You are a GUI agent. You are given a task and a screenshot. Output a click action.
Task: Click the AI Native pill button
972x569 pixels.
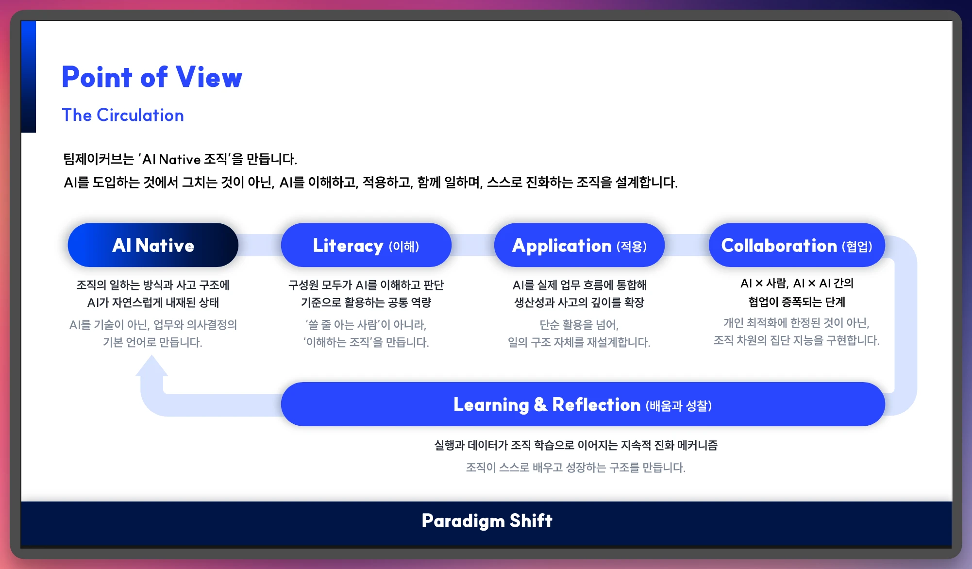click(x=153, y=245)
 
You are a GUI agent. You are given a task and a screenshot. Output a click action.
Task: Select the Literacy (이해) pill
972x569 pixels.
click(x=366, y=245)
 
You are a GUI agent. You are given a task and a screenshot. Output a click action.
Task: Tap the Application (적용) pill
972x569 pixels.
click(x=579, y=245)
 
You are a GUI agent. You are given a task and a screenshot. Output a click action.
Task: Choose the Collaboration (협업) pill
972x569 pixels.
click(x=797, y=245)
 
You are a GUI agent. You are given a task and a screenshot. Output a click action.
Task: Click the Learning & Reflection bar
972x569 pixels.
click(x=583, y=404)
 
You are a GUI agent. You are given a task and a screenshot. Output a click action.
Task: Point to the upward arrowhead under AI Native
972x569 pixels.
click(x=151, y=366)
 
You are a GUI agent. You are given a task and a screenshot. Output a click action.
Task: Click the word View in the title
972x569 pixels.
click(x=209, y=77)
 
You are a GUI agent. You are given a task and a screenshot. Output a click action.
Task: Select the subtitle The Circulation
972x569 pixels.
click(x=123, y=115)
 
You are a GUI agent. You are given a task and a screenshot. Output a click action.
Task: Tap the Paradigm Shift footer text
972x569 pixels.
click(x=487, y=521)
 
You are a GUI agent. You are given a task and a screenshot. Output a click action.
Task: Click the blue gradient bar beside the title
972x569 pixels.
click(x=29, y=77)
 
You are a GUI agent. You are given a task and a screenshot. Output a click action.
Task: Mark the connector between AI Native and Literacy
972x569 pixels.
click(x=260, y=245)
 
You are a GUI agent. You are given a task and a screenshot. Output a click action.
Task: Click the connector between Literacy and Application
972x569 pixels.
click(x=473, y=245)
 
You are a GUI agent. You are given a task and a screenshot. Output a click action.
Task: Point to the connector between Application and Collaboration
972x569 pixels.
click(x=687, y=245)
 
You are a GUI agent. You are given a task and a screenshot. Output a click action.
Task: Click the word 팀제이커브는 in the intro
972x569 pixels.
click(x=99, y=159)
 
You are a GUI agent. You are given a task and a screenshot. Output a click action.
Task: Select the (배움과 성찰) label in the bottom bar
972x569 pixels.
click(x=679, y=406)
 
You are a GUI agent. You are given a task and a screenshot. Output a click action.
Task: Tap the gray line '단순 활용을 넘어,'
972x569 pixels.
click(x=579, y=325)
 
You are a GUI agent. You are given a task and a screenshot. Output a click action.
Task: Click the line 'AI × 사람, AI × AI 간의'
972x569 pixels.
click(x=797, y=283)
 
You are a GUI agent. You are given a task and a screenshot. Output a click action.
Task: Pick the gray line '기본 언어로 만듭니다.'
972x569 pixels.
click(x=152, y=342)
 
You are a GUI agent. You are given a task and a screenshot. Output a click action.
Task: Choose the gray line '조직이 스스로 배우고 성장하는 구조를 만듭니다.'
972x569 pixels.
click(x=576, y=468)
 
